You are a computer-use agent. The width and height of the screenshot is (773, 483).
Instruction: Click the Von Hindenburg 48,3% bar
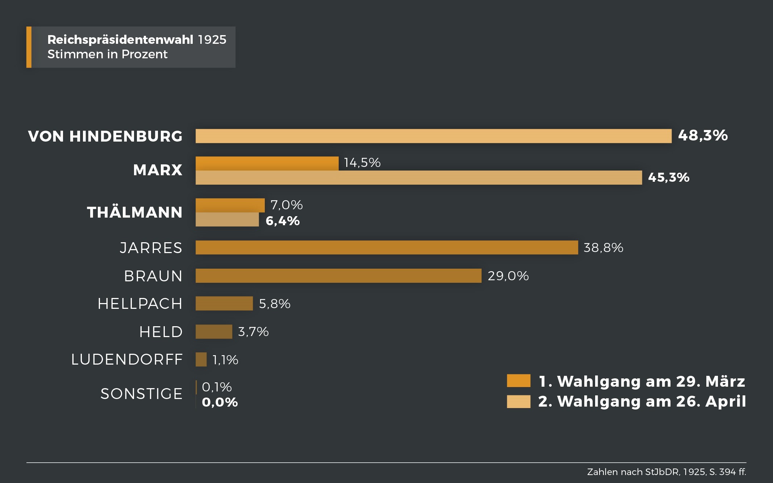(433, 136)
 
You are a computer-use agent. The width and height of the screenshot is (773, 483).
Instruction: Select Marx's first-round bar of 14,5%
(267, 163)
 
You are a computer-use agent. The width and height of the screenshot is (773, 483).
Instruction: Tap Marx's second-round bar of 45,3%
(418, 178)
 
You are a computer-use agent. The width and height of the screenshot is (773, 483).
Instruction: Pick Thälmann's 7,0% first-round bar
(230, 205)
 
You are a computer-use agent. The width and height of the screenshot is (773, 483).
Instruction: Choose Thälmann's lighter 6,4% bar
(227, 220)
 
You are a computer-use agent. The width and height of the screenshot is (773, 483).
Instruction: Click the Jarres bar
(386, 248)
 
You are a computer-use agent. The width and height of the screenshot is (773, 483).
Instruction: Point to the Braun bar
(338, 276)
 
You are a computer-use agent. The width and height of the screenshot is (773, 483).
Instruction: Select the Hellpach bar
(224, 303)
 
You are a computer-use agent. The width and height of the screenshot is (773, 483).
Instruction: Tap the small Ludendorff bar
(201, 360)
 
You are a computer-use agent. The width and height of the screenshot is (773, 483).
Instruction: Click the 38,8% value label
(603, 248)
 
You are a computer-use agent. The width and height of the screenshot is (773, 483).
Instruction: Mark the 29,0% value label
(508, 276)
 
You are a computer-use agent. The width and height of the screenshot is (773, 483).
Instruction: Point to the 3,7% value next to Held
(253, 332)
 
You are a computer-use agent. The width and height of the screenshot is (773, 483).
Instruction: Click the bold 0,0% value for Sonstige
(220, 402)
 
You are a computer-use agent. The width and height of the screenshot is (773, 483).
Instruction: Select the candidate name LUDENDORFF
(127, 360)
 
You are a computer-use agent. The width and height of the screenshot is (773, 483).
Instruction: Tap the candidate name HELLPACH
(140, 304)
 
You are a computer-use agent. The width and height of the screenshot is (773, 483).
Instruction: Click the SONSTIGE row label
(141, 394)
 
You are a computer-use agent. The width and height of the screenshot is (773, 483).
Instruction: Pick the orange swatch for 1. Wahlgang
(518, 381)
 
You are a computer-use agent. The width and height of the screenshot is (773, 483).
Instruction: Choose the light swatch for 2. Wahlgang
(518, 402)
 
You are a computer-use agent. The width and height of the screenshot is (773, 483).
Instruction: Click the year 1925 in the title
(212, 39)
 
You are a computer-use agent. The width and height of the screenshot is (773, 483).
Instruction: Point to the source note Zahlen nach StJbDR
(666, 472)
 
